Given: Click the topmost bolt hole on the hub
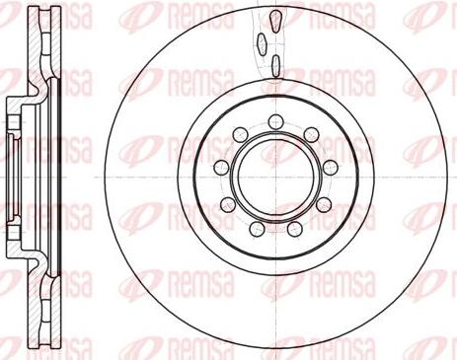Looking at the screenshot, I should pos(271,122).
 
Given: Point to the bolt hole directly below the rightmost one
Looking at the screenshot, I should pos(327,204).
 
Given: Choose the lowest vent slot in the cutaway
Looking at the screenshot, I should pos(274,67).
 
